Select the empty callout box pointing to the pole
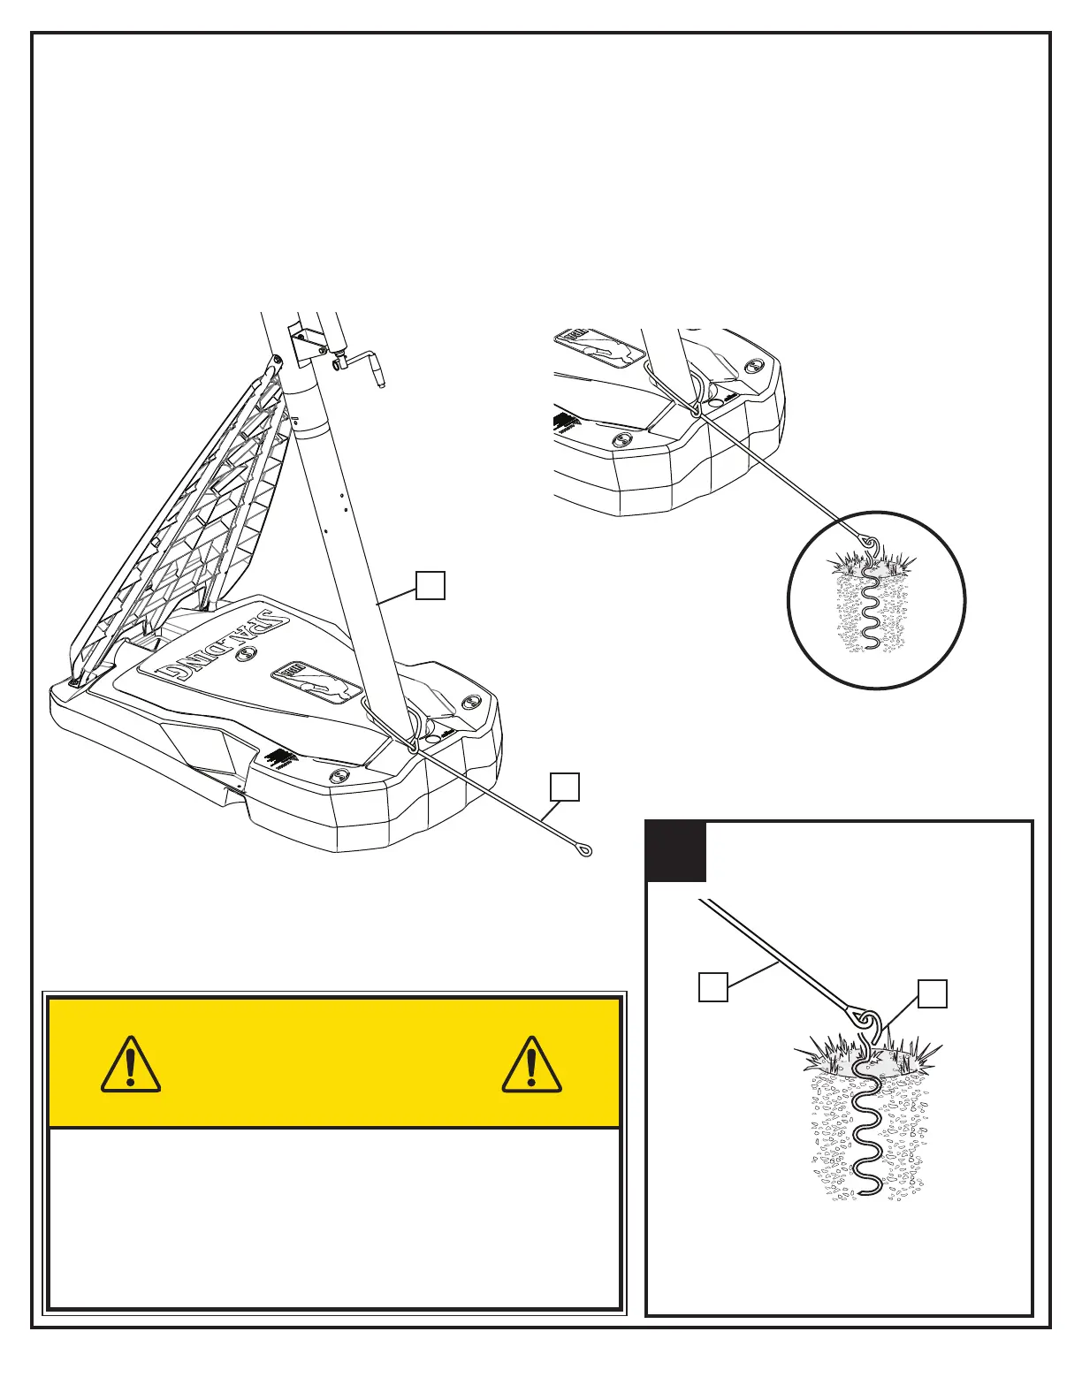click(430, 585)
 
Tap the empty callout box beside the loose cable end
click(565, 787)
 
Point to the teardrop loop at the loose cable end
click(583, 851)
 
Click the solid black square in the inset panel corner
click(676, 852)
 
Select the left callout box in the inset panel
click(712, 986)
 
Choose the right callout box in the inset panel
click(933, 993)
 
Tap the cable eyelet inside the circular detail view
click(868, 542)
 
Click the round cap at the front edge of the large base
click(338, 776)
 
